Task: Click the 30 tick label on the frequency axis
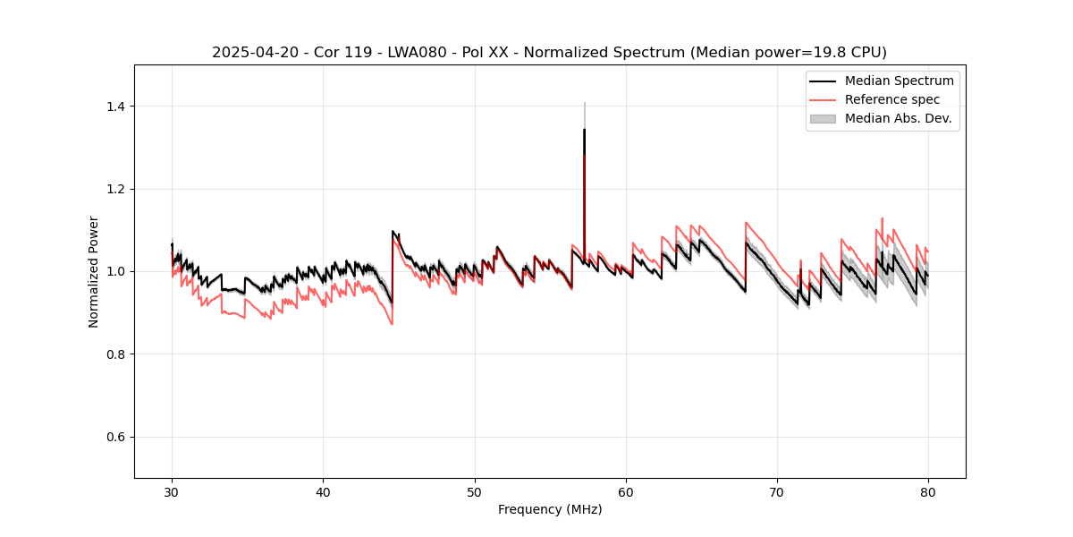[x=172, y=491]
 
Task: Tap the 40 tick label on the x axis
[x=323, y=491]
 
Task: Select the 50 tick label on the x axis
[x=475, y=491]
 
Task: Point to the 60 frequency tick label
[x=626, y=491]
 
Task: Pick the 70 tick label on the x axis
[x=777, y=491]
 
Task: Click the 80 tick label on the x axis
[x=928, y=491]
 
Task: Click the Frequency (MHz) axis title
[x=550, y=509]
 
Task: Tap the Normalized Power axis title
[x=94, y=271]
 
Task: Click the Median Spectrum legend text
[x=899, y=81]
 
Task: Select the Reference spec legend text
[x=895, y=99]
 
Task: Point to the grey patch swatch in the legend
[x=823, y=118]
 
